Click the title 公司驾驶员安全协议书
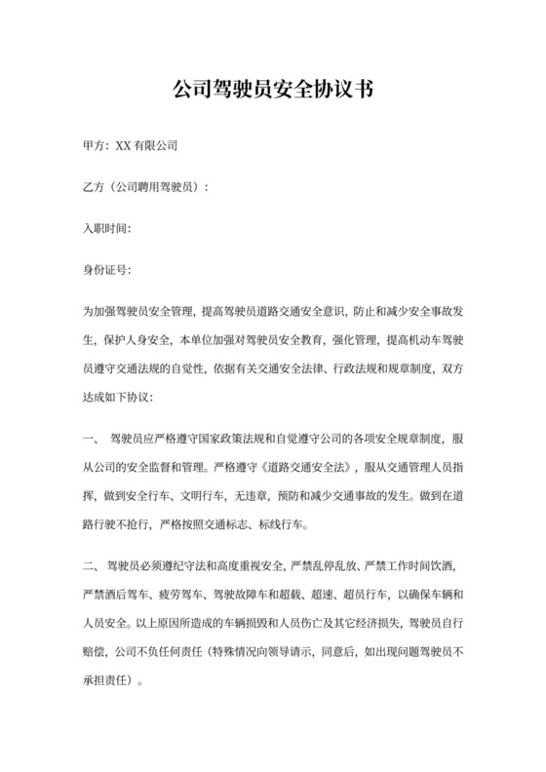[x=273, y=91]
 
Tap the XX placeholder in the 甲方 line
[x=123, y=145]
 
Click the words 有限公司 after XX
[x=153, y=145]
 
